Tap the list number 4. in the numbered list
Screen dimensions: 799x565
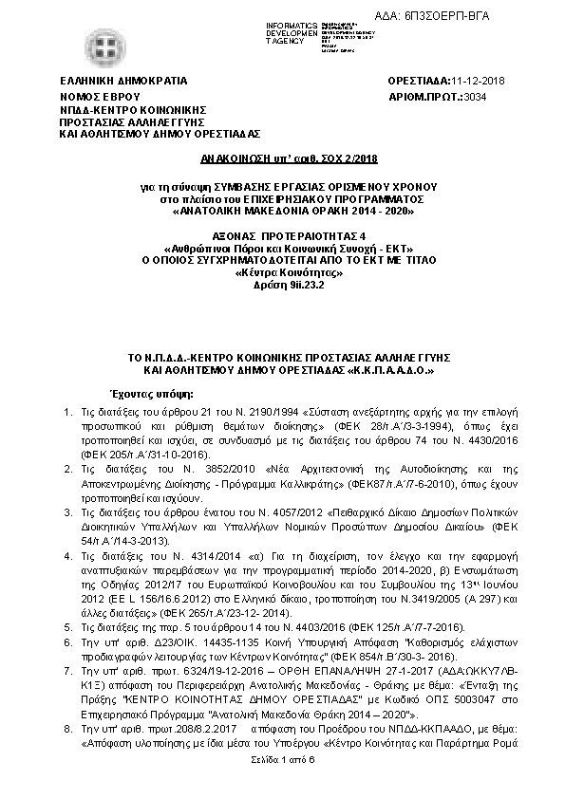tap(66, 553)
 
